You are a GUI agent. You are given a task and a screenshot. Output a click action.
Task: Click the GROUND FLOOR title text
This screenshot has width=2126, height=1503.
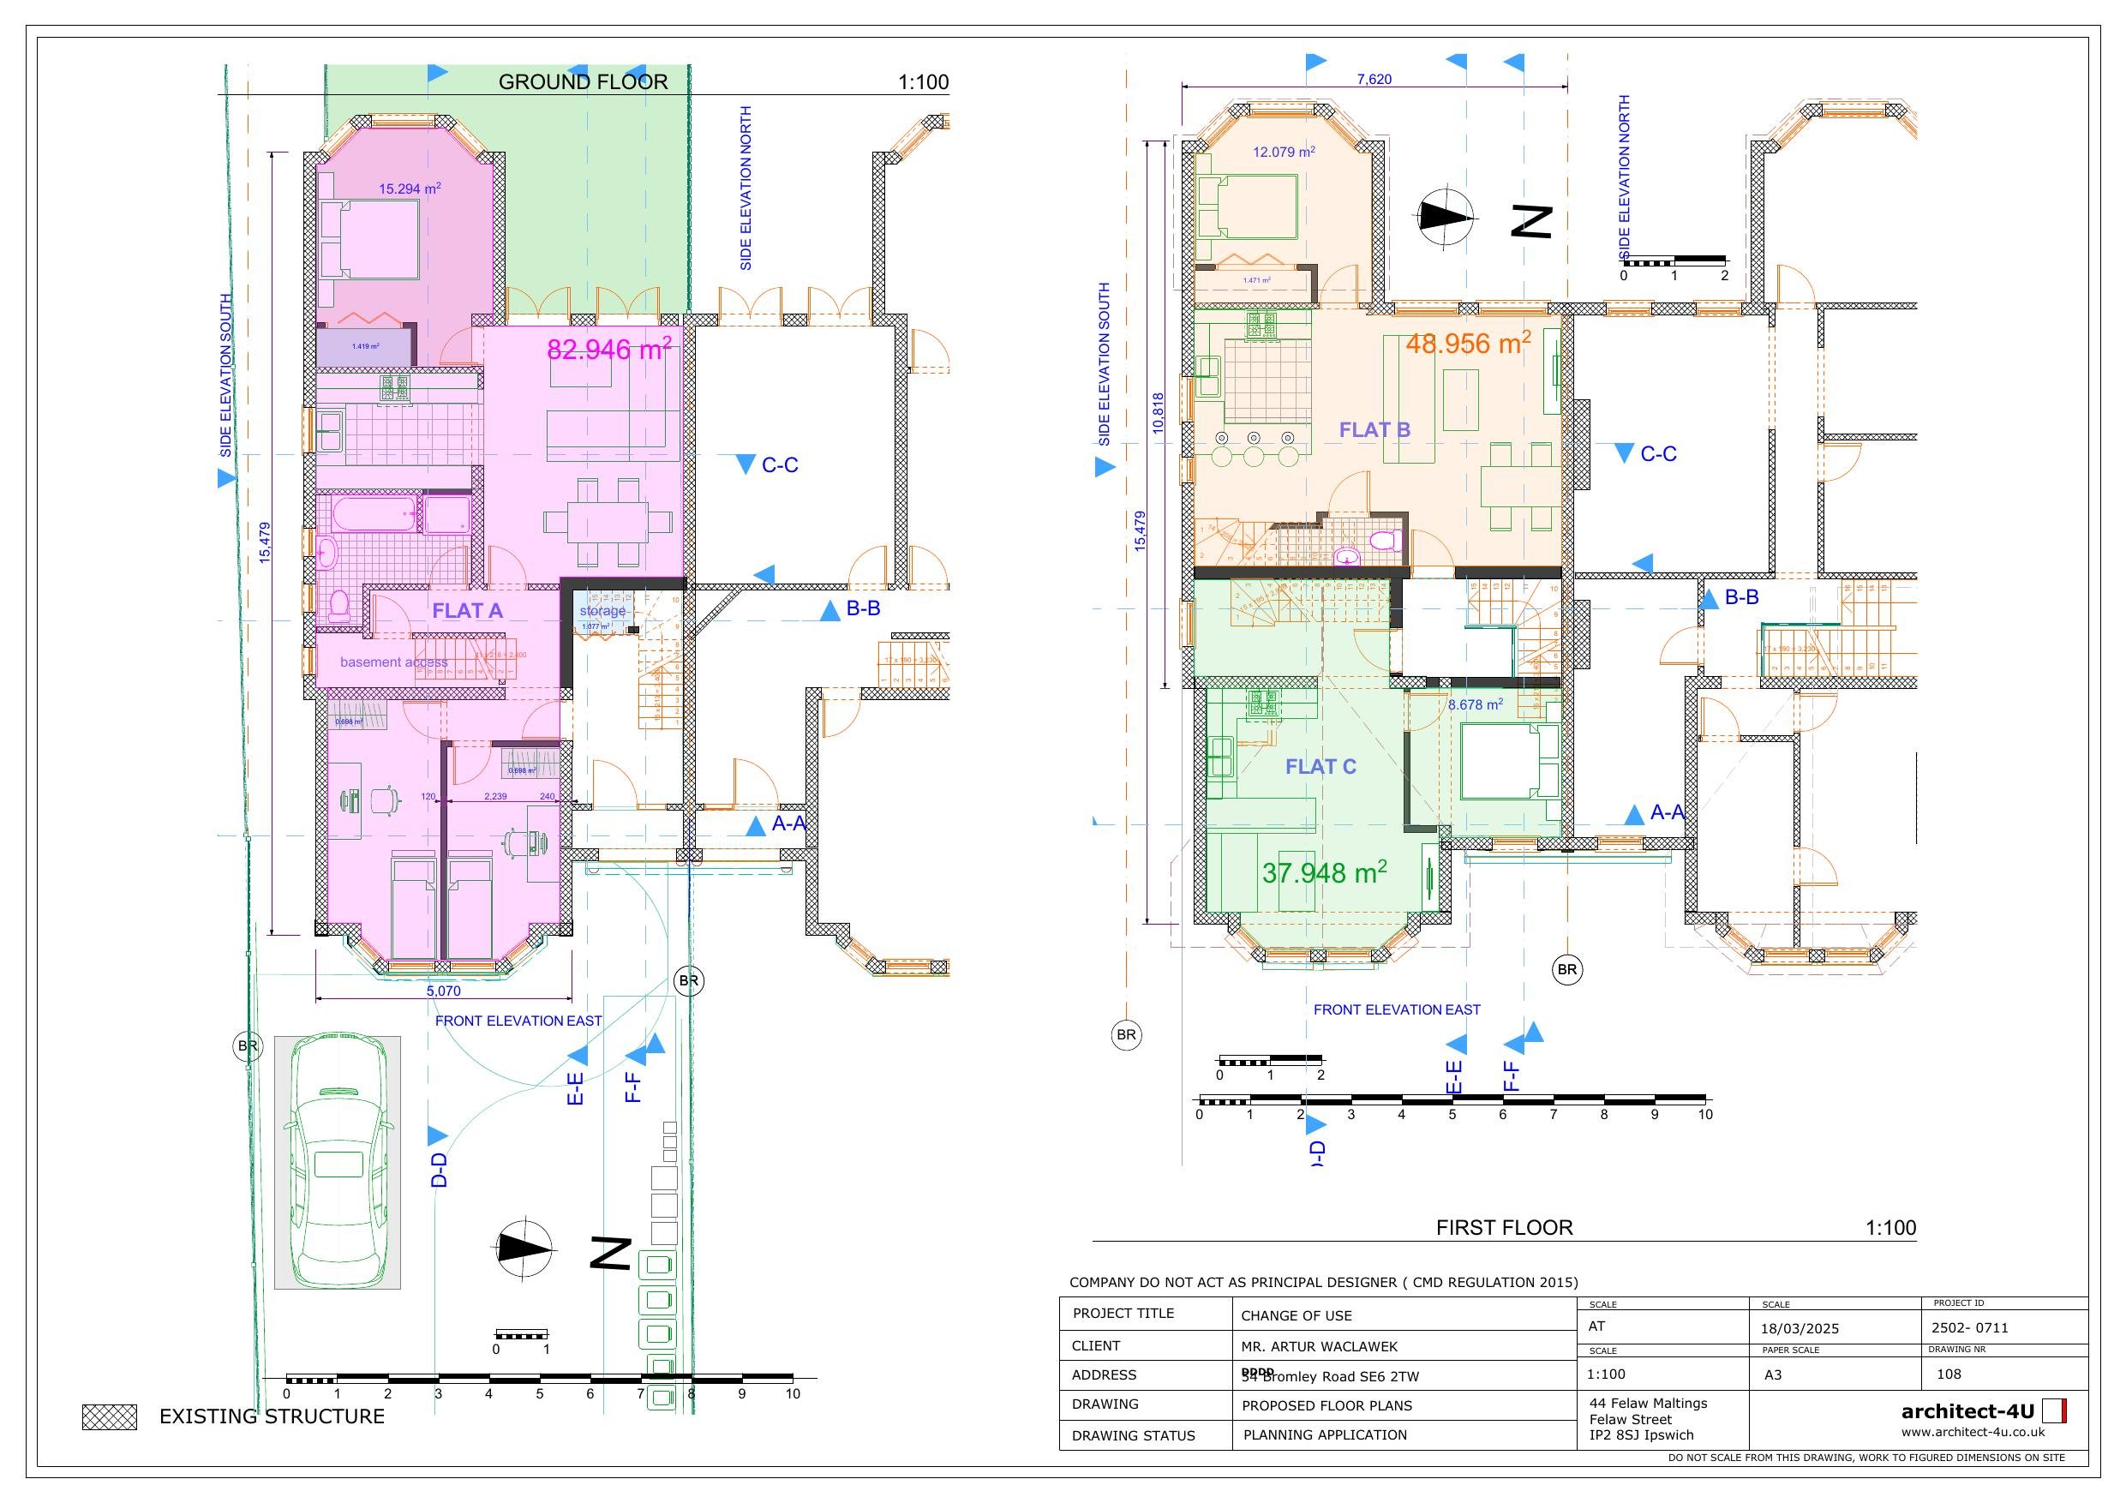pyautogui.click(x=583, y=81)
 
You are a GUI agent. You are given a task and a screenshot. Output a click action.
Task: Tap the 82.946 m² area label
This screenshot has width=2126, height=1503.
pyautogui.click(x=608, y=349)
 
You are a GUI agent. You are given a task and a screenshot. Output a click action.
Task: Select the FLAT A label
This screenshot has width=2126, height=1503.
pyautogui.click(x=468, y=610)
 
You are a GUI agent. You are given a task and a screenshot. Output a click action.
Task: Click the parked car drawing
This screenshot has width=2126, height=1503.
pyautogui.click(x=338, y=1161)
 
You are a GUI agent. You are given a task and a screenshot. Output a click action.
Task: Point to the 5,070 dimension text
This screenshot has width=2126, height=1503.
pyautogui.click(x=444, y=991)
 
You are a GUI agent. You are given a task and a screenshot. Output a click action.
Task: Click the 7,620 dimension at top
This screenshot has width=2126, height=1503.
pyautogui.click(x=1374, y=80)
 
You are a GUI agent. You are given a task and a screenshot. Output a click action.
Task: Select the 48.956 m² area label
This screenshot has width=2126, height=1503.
pyautogui.click(x=1468, y=344)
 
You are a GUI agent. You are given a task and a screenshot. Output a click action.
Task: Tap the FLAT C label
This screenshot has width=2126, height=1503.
pyautogui.click(x=1321, y=767)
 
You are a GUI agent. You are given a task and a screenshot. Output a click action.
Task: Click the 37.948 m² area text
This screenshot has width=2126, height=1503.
pyautogui.click(x=1324, y=872)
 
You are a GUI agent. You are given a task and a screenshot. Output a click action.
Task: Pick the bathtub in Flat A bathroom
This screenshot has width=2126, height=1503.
pyautogui.click(x=374, y=513)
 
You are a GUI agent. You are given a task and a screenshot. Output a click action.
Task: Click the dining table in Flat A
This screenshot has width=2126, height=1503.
pyautogui.click(x=608, y=521)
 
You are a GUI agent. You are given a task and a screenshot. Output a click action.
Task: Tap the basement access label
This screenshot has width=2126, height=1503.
pyautogui.click(x=393, y=662)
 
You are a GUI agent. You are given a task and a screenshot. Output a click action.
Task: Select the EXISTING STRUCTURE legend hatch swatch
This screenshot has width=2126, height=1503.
pyautogui.click(x=110, y=1416)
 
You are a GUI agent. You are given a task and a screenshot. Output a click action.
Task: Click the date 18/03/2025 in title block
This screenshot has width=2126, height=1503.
pyautogui.click(x=1800, y=1328)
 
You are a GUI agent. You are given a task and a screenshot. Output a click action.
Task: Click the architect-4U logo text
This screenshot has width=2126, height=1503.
pyautogui.click(x=1967, y=1411)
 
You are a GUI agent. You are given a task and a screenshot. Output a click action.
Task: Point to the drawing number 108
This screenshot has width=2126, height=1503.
pyautogui.click(x=1949, y=1374)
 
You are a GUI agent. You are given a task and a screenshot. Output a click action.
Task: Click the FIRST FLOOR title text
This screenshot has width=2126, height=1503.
pyautogui.click(x=1504, y=1228)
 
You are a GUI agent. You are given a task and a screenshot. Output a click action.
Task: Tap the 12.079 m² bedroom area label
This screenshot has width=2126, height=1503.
pyautogui.click(x=1284, y=152)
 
